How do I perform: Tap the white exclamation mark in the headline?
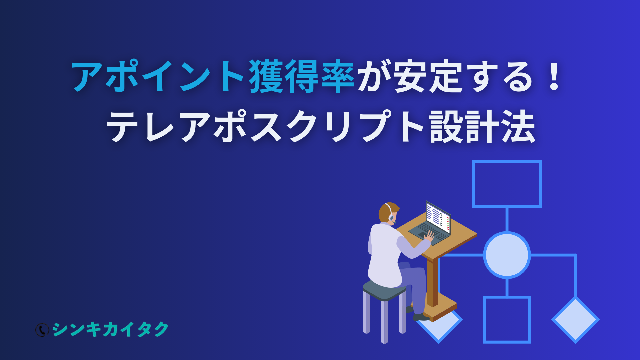(554, 76)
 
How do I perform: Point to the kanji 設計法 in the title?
(483, 127)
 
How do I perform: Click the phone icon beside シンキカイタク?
(42, 330)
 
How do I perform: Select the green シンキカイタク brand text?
(110, 329)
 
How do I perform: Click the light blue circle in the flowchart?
(507, 255)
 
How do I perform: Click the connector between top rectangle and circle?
(507, 220)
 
